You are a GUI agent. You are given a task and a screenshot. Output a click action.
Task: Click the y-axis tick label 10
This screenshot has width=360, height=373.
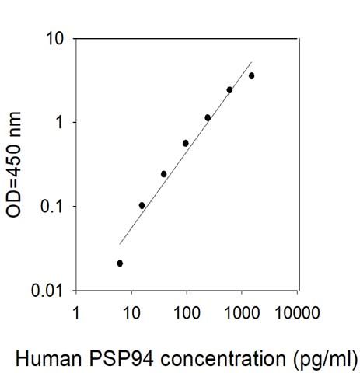pos(54,38)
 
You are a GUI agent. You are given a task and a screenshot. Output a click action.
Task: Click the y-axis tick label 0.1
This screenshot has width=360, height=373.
pos(50,207)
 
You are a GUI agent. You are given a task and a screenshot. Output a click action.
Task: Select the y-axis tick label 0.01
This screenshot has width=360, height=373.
pos(46,291)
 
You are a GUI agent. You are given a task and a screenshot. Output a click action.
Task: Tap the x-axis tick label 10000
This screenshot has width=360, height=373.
pos(297,313)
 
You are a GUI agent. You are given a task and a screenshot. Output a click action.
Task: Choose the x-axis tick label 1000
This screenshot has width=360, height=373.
pos(241,313)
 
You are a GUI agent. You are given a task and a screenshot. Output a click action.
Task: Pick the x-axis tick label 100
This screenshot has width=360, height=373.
pos(186,313)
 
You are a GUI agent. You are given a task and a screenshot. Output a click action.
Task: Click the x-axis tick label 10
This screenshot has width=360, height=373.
pos(131,313)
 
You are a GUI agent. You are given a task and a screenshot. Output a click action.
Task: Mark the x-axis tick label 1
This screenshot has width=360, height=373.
pos(75,313)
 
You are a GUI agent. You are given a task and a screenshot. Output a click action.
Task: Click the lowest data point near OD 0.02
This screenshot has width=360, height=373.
pos(120,263)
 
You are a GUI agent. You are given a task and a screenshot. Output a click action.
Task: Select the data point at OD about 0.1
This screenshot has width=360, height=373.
pos(142,205)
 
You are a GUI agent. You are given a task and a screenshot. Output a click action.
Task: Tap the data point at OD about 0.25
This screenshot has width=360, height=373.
pos(163,173)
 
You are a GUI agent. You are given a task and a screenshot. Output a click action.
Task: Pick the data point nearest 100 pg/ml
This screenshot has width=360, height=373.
pos(186,143)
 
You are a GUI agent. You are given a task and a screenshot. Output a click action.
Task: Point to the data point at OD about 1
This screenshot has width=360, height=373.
pos(208,117)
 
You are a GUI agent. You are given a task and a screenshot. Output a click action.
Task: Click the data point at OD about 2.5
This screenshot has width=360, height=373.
pos(229,89)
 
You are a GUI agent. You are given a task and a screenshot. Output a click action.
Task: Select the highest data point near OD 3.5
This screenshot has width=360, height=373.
pos(251,75)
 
